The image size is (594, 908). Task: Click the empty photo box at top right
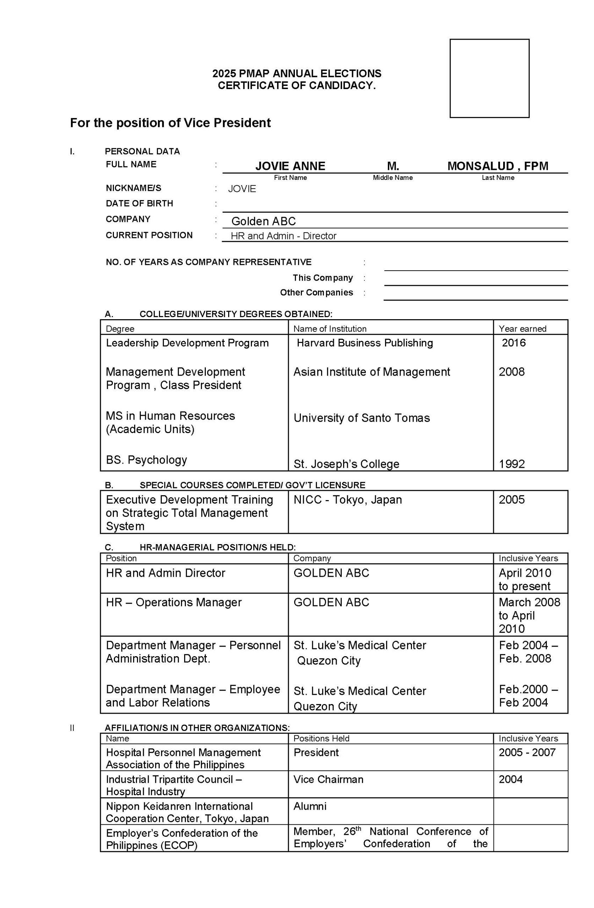click(x=489, y=78)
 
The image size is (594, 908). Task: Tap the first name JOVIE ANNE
click(x=290, y=166)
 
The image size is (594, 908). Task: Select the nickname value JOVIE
click(x=242, y=189)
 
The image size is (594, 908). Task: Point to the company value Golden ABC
click(x=263, y=221)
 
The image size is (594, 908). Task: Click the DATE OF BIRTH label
click(x=139, y=203)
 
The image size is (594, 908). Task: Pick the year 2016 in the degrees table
click(x=513, y=343)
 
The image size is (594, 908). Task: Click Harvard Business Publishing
click(x=364, y=343)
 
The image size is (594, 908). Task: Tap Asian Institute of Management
click(x=372, y=372)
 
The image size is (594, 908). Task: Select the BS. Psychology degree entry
click(x=146, y=460)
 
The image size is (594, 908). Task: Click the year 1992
click(x=512, y=464)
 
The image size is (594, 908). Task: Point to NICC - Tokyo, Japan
click(x=347, y=499)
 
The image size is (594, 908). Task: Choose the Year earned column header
click(x=522, y=328)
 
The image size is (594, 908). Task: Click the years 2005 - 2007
click(x=527, y=752)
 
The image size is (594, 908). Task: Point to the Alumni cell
click(x=310, y=806)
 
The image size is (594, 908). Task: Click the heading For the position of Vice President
click(x=170, y=123)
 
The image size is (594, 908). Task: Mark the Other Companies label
click(x=316, y=292)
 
